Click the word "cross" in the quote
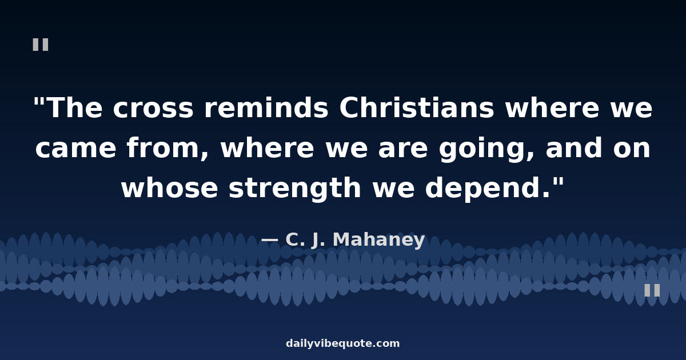coord(153,108)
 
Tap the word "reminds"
coord(266,107)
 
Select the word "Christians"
coord(417,107)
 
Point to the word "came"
coord(75,148)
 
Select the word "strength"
coord(295,188)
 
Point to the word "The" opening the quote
coord(75,107)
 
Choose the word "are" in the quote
coord(402,148)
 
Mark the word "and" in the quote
coord(574,147)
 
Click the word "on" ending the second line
coord(632,148)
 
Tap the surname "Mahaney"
coord(379,239)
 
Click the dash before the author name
coord(269,240)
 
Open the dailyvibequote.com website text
coord(342,343)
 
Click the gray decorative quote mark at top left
coord(41,45)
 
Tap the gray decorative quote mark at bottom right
coord(652,290)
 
